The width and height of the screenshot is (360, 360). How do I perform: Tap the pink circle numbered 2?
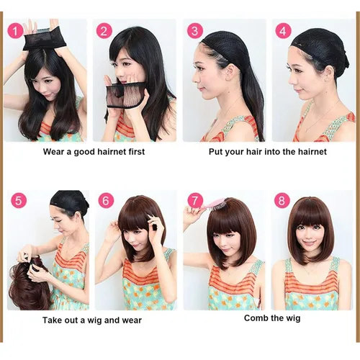(x=105, y=31)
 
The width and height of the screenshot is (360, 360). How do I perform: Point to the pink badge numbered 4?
(x=284, y=31)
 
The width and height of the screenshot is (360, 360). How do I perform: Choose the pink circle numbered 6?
(x=106, y=202)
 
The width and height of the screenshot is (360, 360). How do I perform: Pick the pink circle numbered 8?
(x=283, y=202)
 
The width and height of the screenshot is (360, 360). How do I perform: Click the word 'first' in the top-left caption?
(x=133, y=152)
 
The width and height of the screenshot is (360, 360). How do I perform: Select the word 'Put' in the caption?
(x=224, y=152)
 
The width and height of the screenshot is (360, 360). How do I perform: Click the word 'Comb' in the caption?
(x=258, y=318)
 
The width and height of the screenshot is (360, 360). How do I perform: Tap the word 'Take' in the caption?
(x=55, y=320)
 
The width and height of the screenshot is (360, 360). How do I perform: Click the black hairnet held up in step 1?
(x=45, y=40)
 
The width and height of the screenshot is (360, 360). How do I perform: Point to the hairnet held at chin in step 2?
(x=128, y=92)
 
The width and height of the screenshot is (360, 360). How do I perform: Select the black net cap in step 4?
(x=316, y=45)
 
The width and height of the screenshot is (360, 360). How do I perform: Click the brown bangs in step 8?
(x=310, y=217)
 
